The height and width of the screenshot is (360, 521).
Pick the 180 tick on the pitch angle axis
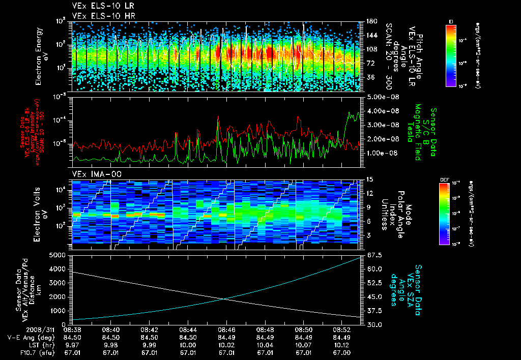click(371, 21)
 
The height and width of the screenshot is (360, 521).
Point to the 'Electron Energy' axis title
click(38, 56)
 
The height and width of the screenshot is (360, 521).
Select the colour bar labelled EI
click(451, 56)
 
